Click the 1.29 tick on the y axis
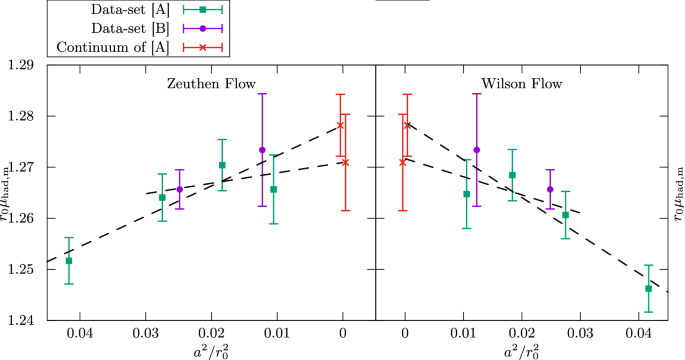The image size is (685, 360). pos(19,64)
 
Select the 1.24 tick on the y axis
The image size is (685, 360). pos(19,320)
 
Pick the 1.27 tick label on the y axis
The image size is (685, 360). pos(19,167)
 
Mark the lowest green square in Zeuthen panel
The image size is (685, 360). pos(69,261)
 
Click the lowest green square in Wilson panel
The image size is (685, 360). pos(649,288)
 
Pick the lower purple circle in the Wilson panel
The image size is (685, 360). pos(550,189)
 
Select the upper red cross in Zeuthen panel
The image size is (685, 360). pos(340,125)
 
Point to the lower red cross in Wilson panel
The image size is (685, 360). pos(402,162)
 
